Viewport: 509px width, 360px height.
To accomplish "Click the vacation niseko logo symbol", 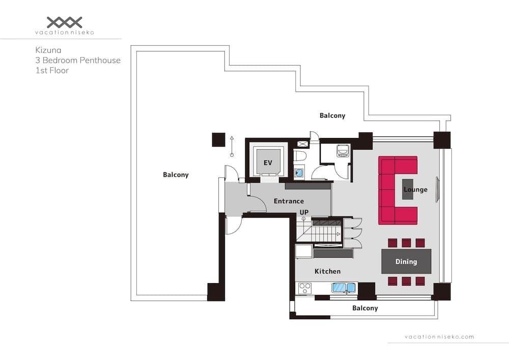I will [x=64, y=22].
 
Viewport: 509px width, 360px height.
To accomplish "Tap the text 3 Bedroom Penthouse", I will [x=78, y=60].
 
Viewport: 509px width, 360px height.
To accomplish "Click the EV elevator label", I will [x=268, y=163].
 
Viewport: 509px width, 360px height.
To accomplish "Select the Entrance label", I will [x=289, y=201].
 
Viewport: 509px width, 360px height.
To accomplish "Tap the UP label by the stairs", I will [x=304, y=212].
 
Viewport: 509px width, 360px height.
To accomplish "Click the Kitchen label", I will [x=327, y=271].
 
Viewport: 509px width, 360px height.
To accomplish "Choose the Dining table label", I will [x=406, y=261].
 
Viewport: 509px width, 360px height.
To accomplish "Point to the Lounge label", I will [x=415, y=189].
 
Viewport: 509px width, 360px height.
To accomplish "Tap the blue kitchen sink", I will [x=344, y=288].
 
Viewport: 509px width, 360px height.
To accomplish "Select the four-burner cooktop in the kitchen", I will [x=305, y=288].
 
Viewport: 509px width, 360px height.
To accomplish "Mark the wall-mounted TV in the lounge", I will [x=437, y=189].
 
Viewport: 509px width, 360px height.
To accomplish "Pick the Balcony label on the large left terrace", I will [x=176, y=175].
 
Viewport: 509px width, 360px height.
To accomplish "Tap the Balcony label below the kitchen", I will [x=365, y=308].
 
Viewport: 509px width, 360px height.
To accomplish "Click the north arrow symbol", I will [x=232, y=145].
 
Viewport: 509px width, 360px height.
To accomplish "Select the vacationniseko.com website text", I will [x=439, y=337].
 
